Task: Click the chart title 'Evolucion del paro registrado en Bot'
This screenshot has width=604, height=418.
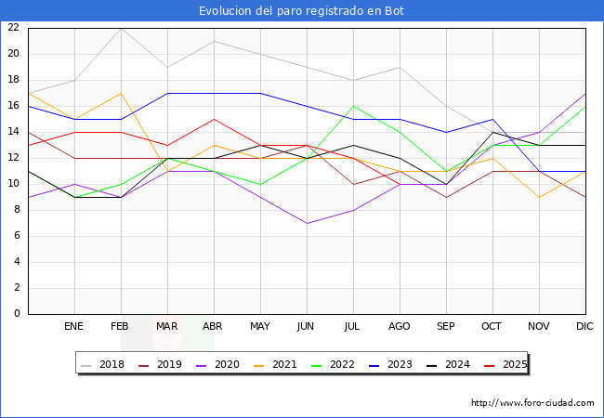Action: [302, 11]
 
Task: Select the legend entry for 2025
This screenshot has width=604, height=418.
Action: [512, 364]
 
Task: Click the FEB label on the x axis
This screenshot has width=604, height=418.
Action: [121, 327]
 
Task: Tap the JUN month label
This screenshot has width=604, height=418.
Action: [307, 327]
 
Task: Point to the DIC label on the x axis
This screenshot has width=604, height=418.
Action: [585, 327]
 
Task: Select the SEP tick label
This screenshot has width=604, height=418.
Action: [446, 327]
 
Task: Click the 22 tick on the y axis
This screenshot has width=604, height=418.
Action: [13, 28]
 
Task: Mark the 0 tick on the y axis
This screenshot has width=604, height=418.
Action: [17, 314]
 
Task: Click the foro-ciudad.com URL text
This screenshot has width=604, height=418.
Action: [532, 403]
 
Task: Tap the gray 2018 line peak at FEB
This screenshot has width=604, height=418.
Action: [121, 28]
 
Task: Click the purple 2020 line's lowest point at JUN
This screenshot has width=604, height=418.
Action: [307, 223]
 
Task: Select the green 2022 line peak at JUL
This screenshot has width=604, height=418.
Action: [353, 106]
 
